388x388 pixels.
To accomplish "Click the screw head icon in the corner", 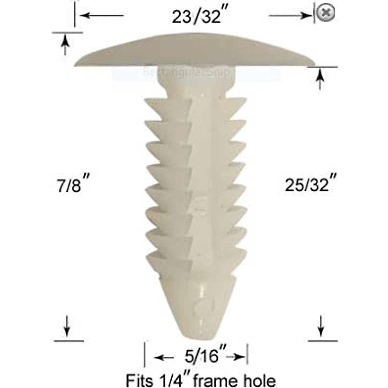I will (x=325, y=13).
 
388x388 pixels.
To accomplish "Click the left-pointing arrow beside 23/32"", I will (x=100, y=15).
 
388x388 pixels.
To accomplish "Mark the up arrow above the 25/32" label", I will (x=320, y=79).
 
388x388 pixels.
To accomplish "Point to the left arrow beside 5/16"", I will (x=165, y=357).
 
